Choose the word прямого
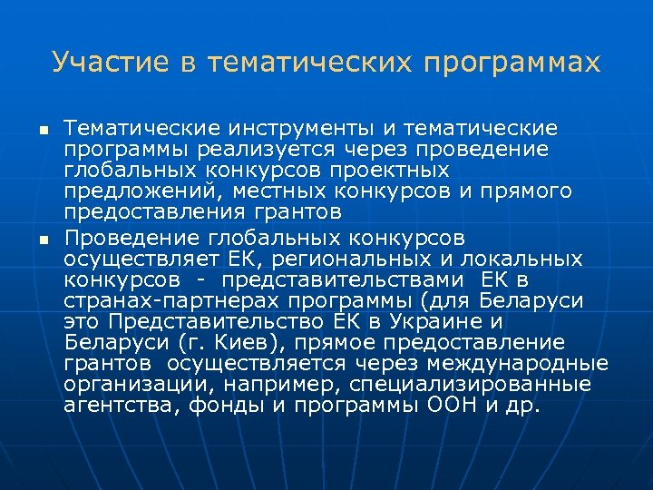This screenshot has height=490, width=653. click(526, 191)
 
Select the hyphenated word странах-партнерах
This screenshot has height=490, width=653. click(171, 300)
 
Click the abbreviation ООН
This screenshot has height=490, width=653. click(450, 405)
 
